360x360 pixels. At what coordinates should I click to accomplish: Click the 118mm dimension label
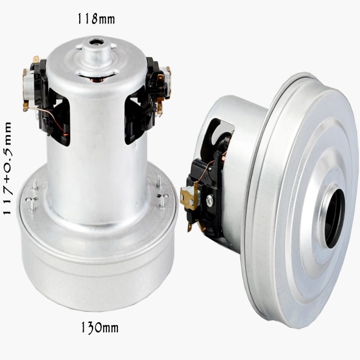click(x=96, y=19)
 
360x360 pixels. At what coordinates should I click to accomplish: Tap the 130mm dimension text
click(x=100, y=328)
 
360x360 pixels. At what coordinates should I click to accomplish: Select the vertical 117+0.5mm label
click(x=7, y=168)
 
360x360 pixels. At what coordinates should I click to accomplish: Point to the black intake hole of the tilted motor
click(x=335, y=219)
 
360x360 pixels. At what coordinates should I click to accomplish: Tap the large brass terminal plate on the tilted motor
click(x=189, y=196)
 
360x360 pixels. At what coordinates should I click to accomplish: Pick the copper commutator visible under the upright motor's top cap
click(x=97, y=80)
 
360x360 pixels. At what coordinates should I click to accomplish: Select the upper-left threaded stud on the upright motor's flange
click(x=35, y=184)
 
